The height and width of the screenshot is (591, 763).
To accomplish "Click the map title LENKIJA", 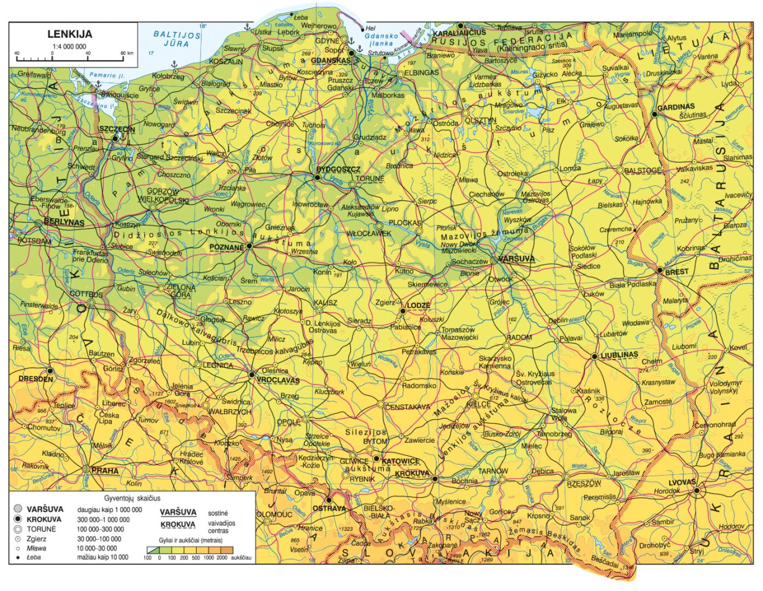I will click(x=70, y=35).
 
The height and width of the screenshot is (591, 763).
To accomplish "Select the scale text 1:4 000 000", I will click(x=70, y=46).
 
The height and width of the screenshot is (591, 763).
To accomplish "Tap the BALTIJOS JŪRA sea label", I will click(x=177, y=40).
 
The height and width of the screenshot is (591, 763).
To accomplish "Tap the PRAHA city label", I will click(x=105, y=471).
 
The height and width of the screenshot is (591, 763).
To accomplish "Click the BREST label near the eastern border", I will click(x=676, y=271).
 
